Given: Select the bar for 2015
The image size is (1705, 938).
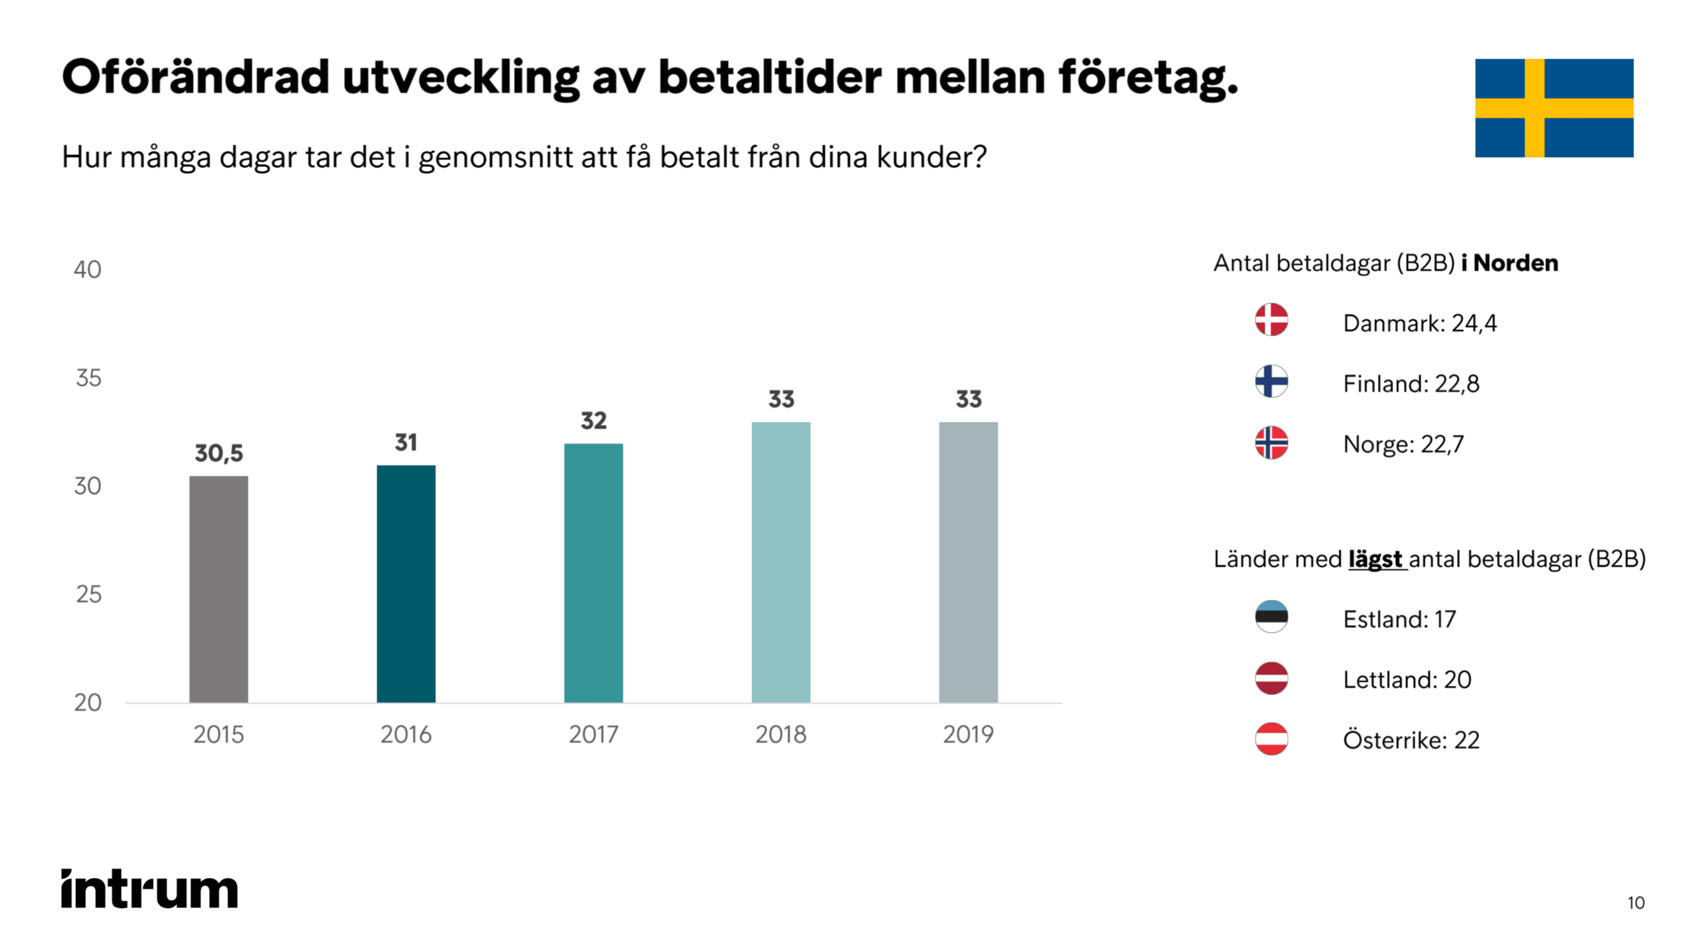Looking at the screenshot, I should tap(218, 588).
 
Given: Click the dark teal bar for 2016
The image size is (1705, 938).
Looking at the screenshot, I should tap(405, 583).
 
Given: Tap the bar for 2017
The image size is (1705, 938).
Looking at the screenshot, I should tap(593, 572).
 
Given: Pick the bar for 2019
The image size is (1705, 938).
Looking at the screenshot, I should tap(967, 562).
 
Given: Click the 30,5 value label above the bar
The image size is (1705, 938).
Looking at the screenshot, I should tap(218, 454).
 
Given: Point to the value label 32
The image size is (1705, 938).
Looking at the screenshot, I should tap(593, 420).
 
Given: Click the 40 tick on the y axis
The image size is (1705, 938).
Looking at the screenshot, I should tap(87, 270).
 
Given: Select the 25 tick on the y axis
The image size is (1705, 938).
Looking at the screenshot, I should tap(88, 594).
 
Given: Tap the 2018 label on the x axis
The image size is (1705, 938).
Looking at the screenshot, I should tap(780, 734).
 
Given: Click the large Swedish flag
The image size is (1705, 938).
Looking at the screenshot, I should tap(1553, 108).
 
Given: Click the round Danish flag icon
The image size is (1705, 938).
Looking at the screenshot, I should tap(1271, 320).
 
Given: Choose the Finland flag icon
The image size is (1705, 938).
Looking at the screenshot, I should tap(1271, 382).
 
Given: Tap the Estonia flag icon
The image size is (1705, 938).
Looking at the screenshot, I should tap(1271, 617).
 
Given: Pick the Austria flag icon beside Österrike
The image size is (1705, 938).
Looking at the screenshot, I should tap(1271, 739).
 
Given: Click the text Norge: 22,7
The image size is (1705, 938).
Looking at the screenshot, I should tap(1403, 444).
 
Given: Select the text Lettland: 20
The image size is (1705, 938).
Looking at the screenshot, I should tap(1407, 680).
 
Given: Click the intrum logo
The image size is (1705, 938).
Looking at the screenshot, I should tap(150, 888).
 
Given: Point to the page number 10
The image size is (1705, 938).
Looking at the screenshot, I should tap(1635, 903).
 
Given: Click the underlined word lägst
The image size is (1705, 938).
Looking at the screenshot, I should tap(1375, 559).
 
